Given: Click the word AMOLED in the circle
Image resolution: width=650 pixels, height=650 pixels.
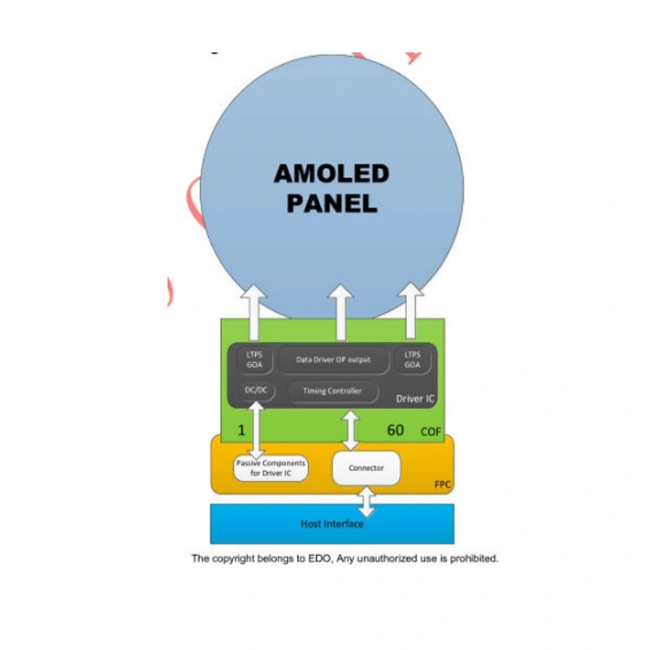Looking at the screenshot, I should tap(331, 173).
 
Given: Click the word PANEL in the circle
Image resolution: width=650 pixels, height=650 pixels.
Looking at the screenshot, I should tap(331, 203).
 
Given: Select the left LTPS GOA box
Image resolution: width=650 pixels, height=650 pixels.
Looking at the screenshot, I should tap(254, 359).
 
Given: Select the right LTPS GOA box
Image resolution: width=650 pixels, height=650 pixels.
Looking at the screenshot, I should tap(412, 359).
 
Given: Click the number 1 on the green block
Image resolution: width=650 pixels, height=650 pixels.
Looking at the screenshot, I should tap(242, 429).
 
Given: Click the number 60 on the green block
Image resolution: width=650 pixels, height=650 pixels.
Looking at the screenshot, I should tap(395, 429).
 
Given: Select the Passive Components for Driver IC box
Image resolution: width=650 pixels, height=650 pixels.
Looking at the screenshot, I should tap(271, 468).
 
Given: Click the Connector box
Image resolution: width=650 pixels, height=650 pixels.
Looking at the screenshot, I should tap(366, 468).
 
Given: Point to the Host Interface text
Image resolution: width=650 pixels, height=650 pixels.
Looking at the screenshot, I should tap(331, 524).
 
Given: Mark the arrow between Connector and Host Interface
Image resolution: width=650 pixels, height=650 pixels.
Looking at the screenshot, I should tap(366, 501).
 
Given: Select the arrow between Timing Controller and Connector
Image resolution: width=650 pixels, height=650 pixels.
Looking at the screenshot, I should tap(350, 431).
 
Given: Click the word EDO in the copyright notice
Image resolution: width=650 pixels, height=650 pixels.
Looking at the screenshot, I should tap(318, 558).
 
